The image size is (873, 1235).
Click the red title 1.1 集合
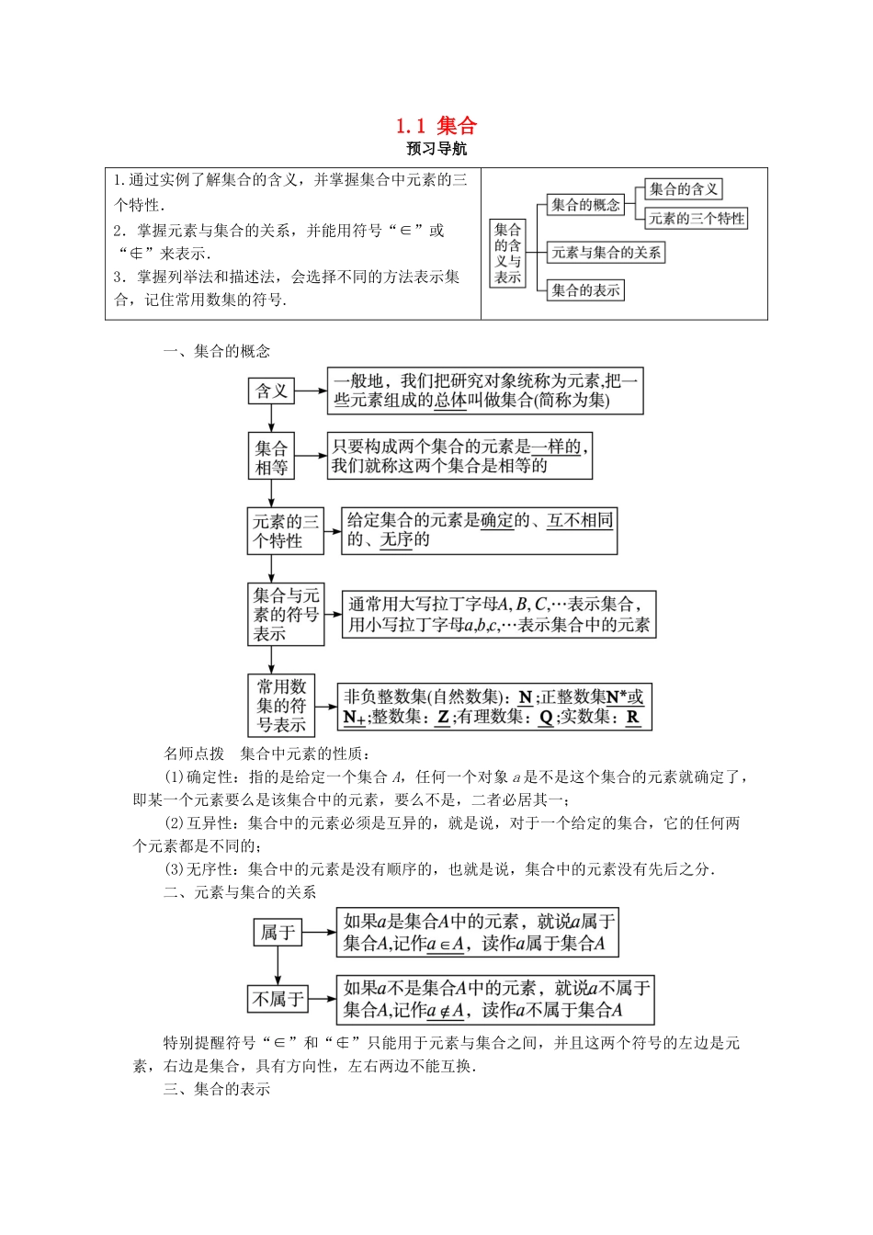point(436,126)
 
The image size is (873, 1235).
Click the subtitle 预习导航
point(436,149)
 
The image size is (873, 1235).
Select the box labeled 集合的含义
point(683,189)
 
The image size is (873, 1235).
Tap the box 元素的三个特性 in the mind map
point(696,219)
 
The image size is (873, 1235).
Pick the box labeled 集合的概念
point(585,205)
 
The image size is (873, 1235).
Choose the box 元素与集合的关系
point(606,252)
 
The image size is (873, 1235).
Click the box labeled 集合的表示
point(585,290)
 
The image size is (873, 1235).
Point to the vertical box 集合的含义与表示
point(507,253)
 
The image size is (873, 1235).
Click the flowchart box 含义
point(271,391)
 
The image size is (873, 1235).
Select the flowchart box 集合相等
point(271,457)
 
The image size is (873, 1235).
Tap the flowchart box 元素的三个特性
point(286,531)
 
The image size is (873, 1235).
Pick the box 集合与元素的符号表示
point(286,614)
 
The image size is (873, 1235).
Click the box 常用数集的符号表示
point(281,706)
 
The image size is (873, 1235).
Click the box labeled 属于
point(278,933)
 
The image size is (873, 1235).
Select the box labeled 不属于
point(278,999)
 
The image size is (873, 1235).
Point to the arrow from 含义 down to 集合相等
point(271,418)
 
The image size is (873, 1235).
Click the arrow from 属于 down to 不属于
point(278,966)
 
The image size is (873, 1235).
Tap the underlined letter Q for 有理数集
point(545,718)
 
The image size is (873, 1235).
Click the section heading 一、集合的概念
point(217,351)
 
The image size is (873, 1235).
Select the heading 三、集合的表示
point(217,1089)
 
